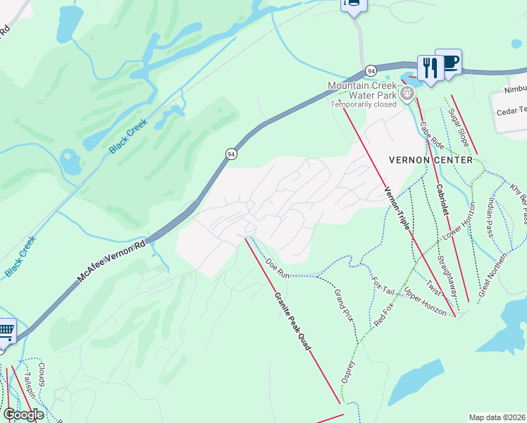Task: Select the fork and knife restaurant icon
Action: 428,68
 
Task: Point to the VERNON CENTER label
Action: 430,160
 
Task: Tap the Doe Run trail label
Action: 278,267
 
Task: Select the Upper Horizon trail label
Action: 425,300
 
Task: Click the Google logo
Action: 23,415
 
